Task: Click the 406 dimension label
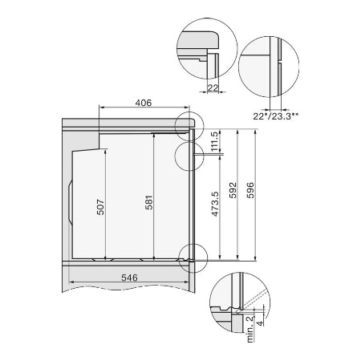tap(144, 103)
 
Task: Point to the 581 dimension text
tap(149, 205)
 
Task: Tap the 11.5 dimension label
tap(214, 140)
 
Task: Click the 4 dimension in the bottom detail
tap(258, 324)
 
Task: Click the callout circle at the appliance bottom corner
tap(193, 257)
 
